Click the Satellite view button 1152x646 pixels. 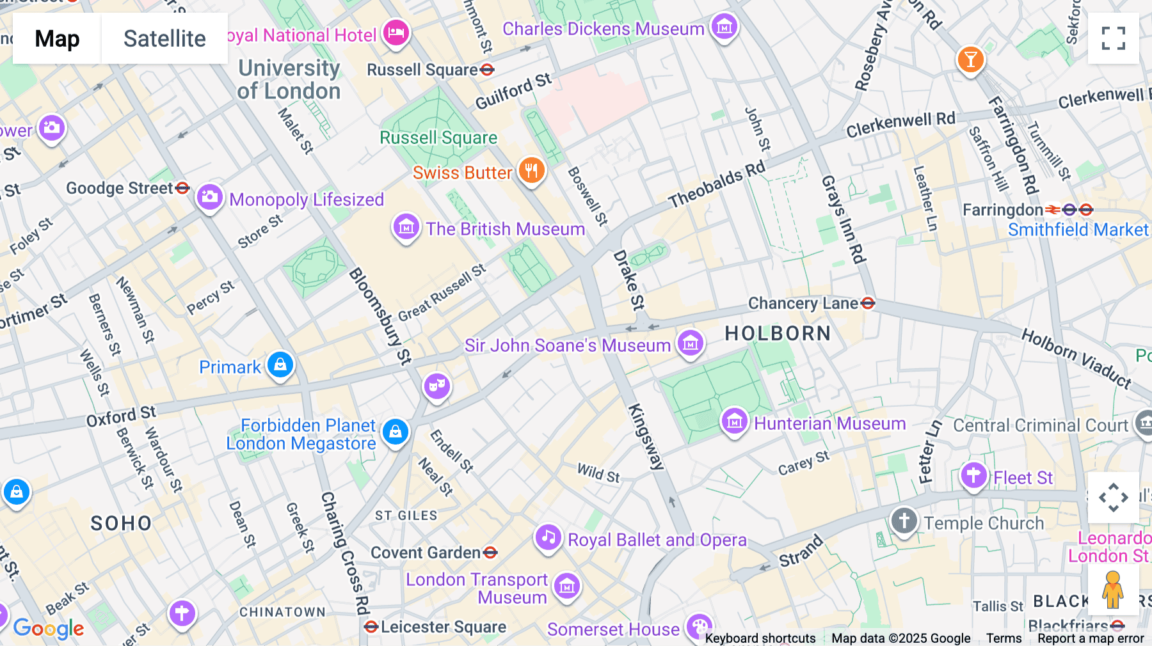(x=164, y=38)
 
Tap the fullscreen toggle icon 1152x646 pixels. (x=1113, y=38)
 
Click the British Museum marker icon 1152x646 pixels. (x=406, y=226)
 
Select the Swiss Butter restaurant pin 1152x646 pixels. (x=531, y=171)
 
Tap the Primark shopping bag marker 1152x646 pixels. (x=280, y=365)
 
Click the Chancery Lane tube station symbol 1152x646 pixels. (x=868, y=303)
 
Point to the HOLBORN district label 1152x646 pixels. (x=778, y=333)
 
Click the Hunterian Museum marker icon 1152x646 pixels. (x=735, y=421)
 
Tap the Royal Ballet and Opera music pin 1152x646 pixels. (x=548, y=538)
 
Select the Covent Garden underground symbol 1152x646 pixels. (x=491, y=552)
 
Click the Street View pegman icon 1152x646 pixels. (x=1113, y=589)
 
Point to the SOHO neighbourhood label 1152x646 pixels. (x=121, y=523)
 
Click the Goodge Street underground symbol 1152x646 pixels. (x=182, y=188)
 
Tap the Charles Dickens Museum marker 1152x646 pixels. (x=724, y=27)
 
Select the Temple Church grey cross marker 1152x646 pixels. (x=904, y=521)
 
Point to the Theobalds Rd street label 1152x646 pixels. (x=716, y=185)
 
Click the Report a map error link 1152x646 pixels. (x=1091, y=638)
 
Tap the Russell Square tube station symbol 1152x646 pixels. (x=487, y=70)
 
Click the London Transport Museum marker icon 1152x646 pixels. (x=566, y=586)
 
